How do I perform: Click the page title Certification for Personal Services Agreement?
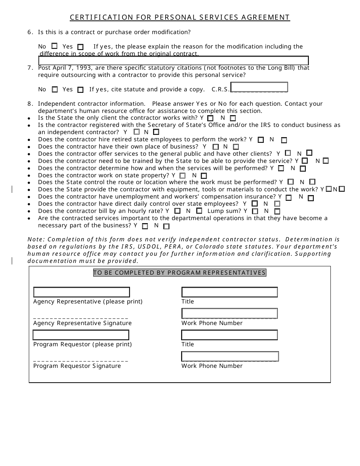point(180,17)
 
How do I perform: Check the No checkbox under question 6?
point(55,46)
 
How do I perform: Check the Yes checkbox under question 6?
point(80,47)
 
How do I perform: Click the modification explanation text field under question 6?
point(174,61)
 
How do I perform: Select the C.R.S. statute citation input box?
point(259,87)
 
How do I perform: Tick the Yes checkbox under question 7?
point(80,90)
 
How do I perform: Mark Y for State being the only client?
point(210,118)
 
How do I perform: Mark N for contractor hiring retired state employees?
point(284,140)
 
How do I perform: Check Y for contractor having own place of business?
point(216,147)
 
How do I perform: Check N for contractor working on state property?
point(204,176)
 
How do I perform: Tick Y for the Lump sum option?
point(255,211)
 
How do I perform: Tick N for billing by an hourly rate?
point(199,211)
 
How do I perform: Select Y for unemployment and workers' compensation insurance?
point(289,198)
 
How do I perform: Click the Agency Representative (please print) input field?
point(81,292)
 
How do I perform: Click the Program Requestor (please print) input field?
point(81,335)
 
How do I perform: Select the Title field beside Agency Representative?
point(230,292)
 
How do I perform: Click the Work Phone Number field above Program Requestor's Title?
point(230,313)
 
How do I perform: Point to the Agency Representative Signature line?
point(81,317)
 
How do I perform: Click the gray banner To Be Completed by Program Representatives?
point(180,273)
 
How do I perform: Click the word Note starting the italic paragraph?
point(36,239)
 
